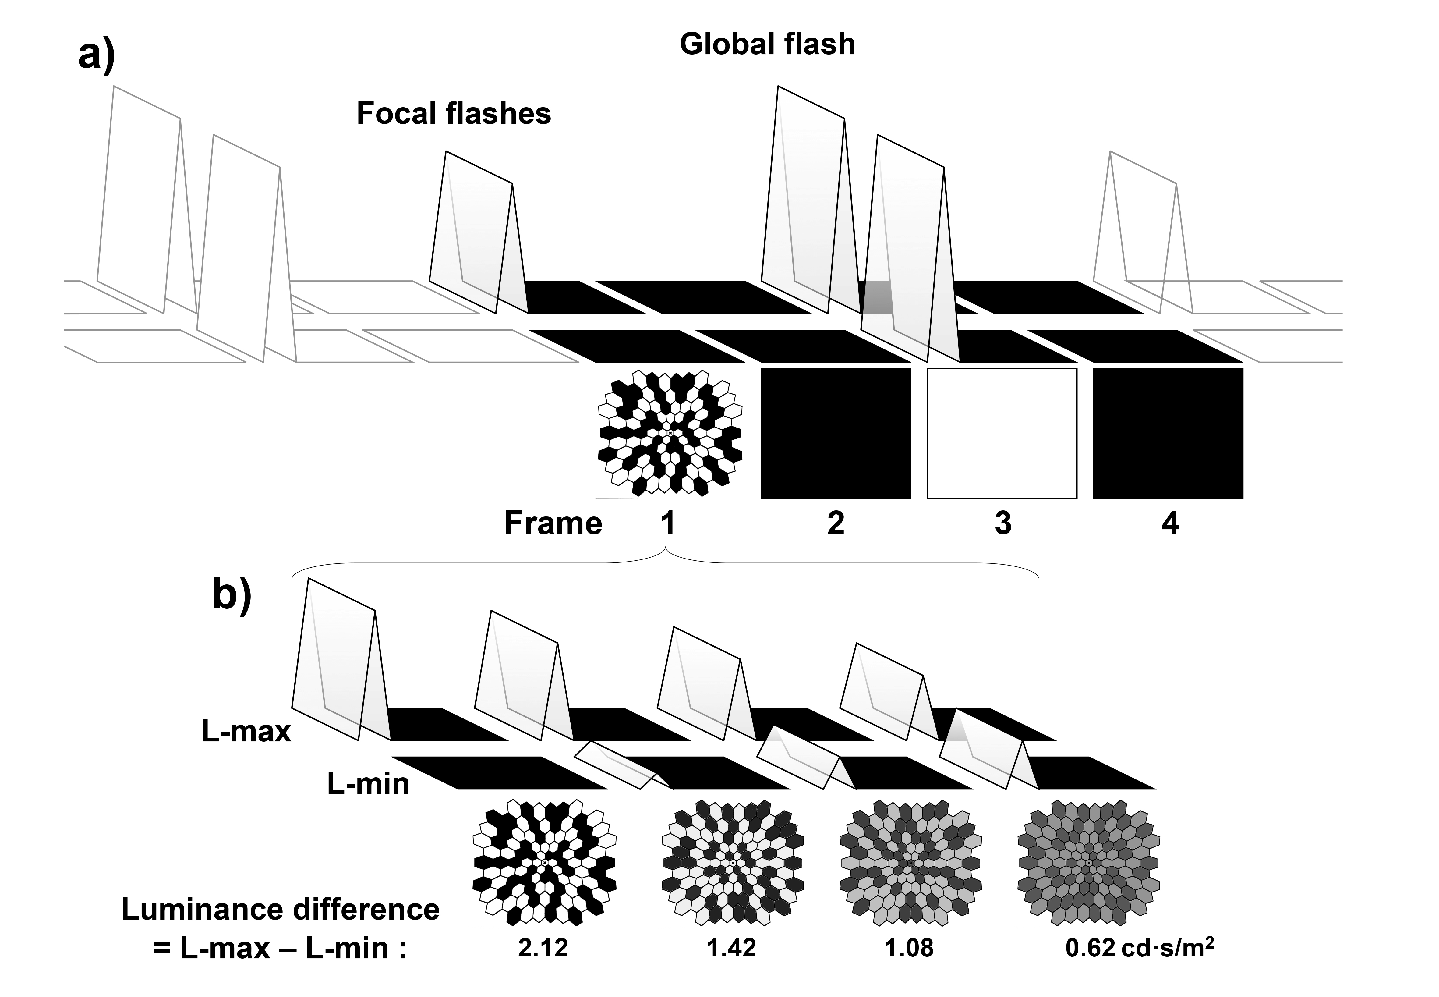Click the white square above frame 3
coord(1002,433)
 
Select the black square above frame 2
coord(836,433)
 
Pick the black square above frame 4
coord(1168,433)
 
